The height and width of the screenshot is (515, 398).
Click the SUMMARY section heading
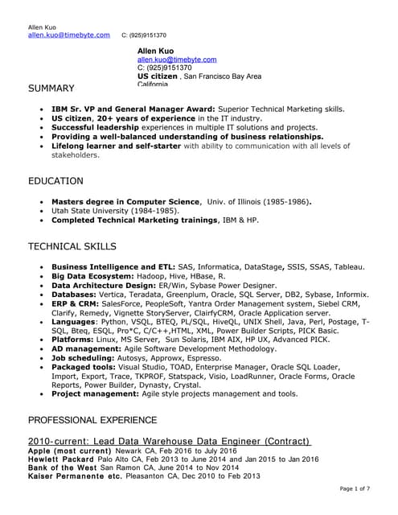[x=51, y=88]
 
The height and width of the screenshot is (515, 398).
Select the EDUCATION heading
[x=55, y=181]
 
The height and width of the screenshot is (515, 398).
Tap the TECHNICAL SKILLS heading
[x=72, y=246]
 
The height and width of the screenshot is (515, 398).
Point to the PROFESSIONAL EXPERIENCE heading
[x=92, y=420]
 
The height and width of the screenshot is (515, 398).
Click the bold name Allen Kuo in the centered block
[x=155, y=51]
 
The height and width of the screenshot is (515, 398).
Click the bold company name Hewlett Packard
[x=60, y=460]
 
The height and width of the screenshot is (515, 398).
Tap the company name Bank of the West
[x=62, y=468]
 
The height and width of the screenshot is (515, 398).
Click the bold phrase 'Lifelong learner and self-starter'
[x=110, y=146]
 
